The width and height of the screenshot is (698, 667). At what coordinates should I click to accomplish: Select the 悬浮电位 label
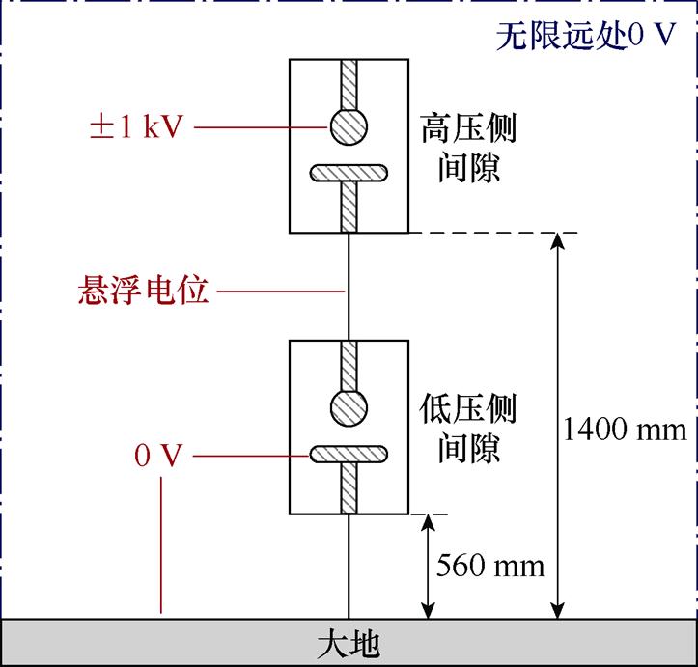point(143,291)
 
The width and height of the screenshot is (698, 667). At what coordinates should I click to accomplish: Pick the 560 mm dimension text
point(490,565)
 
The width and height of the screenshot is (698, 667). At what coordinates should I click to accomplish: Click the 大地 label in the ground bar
point(349,643)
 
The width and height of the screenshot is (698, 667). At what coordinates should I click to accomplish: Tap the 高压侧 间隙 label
point(468,148)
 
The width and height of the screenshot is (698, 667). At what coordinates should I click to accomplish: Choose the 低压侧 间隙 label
point(468,430)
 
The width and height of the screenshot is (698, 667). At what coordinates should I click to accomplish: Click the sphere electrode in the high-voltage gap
point(349,125)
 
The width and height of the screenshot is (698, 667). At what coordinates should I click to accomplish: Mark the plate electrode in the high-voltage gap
point(349,174)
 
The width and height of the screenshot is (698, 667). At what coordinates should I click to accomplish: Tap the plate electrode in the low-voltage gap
point(349,453)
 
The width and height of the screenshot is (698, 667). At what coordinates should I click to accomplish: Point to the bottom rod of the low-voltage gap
point(349,487)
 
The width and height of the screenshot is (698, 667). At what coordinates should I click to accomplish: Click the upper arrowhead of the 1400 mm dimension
point(556,241)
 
